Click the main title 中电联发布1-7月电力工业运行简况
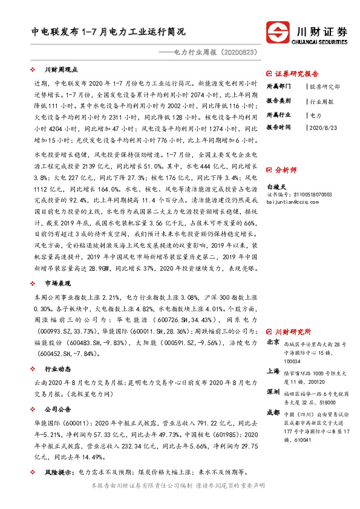(x=109, y=31)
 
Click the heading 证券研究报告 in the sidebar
(x=296, y=74)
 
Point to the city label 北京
(x=273, y=343)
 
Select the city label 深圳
(x=273, y=392)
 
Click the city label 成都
(x=273, y=412)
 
